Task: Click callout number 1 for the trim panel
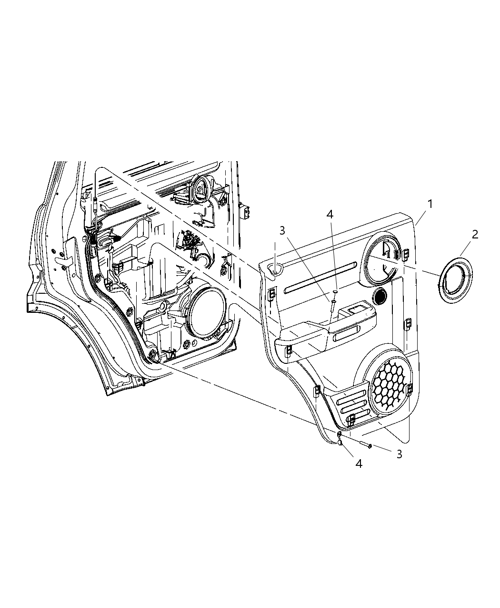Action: [x=430, y=204]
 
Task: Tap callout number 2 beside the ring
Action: [x=475, y=234]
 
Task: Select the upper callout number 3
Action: [x=282, y=230]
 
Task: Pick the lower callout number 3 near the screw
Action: [x=399, y=454]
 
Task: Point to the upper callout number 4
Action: [x=330, y=215]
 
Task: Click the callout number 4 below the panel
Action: [x=359, y=463]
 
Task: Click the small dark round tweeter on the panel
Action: [x=380, y=296]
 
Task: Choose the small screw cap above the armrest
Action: [x=336, y=292]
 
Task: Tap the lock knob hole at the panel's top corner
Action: [x=276, y=269]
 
